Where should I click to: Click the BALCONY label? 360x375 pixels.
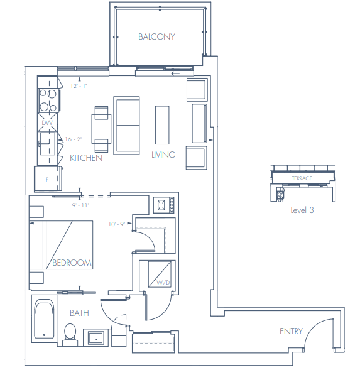point(156,36)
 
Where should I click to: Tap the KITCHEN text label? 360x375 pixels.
point(86,158)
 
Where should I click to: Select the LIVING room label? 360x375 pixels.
point(163,155)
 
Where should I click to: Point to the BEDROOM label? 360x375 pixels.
point(72,263)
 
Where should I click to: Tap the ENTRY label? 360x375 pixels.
point(291,331)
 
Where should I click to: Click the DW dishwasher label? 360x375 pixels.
point(46,123)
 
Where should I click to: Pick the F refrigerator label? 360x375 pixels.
point(46,179)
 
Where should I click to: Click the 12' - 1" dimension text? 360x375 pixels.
point(79,85)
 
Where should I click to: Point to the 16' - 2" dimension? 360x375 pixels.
point(74,139)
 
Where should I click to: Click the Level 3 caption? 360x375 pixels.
point(302,210)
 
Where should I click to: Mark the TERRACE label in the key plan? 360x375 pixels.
point(302,178)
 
